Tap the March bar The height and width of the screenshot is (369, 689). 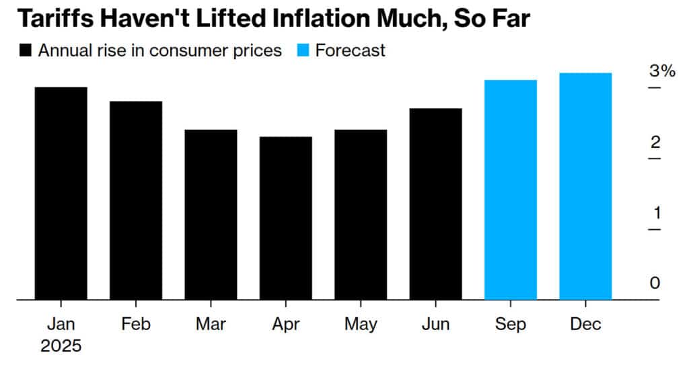click(211, 214)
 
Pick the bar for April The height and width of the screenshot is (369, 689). click(285, 218)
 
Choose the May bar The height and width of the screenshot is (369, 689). click(361, 214)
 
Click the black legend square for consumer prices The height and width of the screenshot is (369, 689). click(26, 51)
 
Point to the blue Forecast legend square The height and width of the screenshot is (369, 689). click(303, 51)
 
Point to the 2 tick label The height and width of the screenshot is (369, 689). click(655, 142)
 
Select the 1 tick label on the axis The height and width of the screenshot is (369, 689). click(655, 213)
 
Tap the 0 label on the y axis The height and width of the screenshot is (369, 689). click(655, 283)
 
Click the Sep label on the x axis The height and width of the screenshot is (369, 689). click(510, 325)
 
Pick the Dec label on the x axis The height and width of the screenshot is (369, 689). click(585, 325)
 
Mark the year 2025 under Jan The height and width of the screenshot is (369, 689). click(61, 347)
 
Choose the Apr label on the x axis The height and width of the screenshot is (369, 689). click(285, 325)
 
